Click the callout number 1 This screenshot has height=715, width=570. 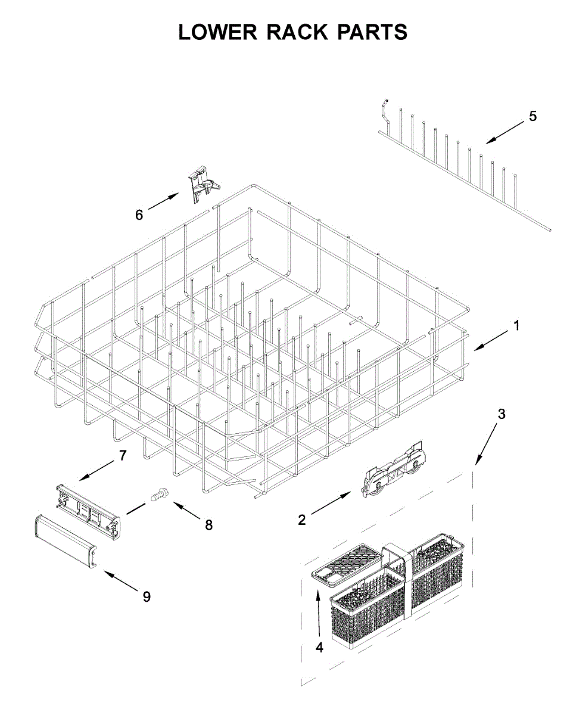(x=517, y=326)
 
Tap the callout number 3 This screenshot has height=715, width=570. (x=502, y=414)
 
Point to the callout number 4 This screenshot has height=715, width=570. (x=319, y=648)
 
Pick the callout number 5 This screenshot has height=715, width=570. (x=532, y=116)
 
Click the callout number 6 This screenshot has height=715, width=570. (x=139, y=214)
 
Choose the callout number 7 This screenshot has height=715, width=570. (x=123, y=455)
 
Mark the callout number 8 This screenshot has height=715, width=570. (x=208, y=525)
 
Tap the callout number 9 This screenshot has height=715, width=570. (x=147, y=596)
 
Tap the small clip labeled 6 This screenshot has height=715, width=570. (x=201, y=184)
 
